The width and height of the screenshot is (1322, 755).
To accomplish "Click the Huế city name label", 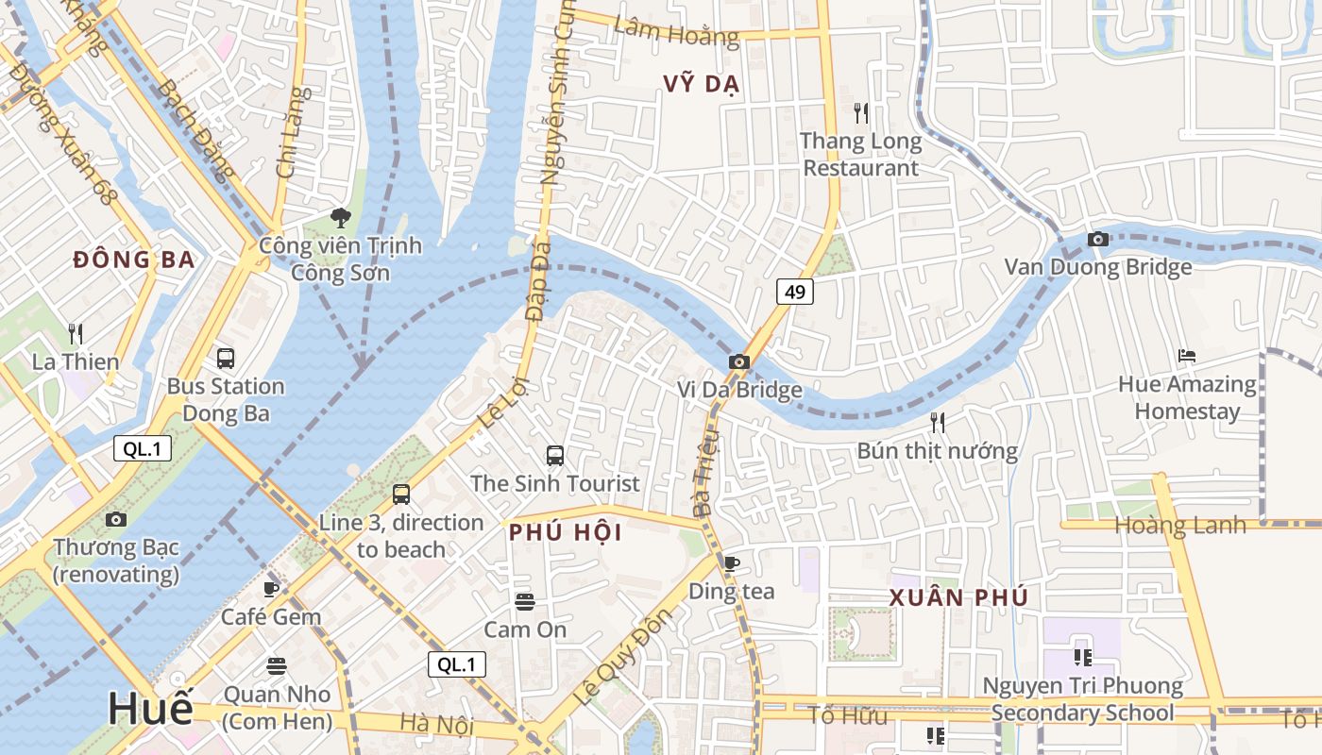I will point(149,708).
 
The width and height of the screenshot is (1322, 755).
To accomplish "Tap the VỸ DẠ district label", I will point(701,84).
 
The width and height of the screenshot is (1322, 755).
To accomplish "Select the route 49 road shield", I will point(795,292).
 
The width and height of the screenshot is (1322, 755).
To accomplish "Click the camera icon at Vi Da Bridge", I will point(739,361).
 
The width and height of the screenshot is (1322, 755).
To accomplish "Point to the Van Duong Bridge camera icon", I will point(1097,240).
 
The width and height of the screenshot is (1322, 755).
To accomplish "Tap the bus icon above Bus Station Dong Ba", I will point(226,359).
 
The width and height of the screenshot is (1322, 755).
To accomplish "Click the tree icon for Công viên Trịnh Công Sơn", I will point(340,219).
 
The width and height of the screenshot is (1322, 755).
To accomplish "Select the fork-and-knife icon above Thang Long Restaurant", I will point(860,113).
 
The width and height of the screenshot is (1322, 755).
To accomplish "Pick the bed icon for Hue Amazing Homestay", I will point(1187,356).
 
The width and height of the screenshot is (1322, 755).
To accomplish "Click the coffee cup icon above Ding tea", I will point(731,563).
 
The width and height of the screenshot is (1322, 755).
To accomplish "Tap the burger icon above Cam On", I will point(525,601).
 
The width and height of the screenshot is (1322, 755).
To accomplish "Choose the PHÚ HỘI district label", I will point(566,532).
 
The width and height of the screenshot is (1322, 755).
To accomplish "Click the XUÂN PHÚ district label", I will point(958,597).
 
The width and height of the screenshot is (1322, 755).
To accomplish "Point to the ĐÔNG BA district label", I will point(133,260).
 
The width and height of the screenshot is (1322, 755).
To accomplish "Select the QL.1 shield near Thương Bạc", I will point(143,448).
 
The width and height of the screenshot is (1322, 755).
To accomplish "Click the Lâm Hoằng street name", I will point(676,31).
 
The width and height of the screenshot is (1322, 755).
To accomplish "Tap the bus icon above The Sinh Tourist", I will point(555,456).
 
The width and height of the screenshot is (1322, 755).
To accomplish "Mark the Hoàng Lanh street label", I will point(1180,525).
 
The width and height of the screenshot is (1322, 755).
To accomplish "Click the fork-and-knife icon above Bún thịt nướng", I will point(938,422).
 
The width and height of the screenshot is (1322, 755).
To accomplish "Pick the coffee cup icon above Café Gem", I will point(271,589).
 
